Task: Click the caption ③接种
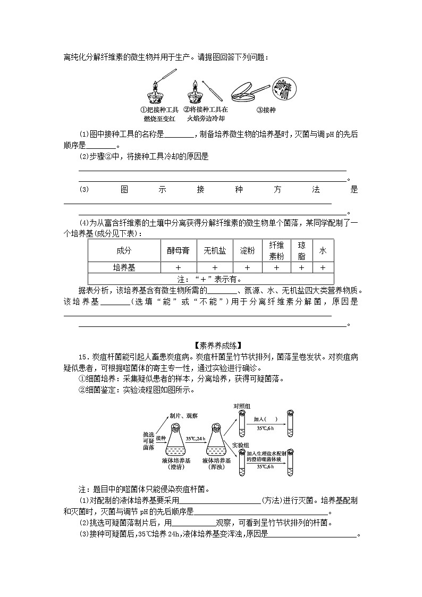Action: pyautogui.click(x=265, y=111)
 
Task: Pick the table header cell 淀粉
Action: pyautogui.click(x=247, y=250)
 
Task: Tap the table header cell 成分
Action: pyautogui.click(x=123, y=250)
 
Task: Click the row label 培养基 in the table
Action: pyautogui.click(x=123, y=267)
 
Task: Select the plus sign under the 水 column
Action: pyautogui.click(x=323, y=267)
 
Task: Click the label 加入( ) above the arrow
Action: pyautogui.click(x=265, y=419)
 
